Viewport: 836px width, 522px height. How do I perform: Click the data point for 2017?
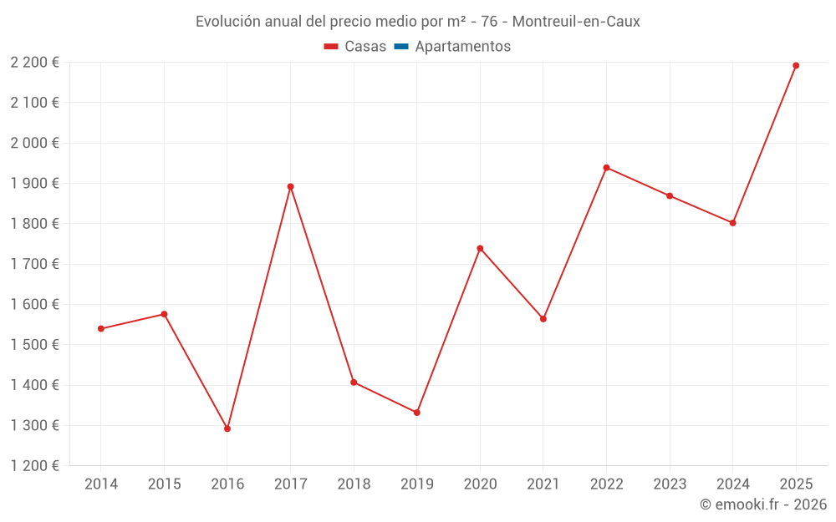(x=290, y=186)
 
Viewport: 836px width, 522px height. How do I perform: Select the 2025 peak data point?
(x=796, y=65)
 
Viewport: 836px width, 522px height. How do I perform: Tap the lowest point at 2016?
(x=227, y=428)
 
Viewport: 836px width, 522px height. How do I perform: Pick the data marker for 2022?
(x=606, y=168)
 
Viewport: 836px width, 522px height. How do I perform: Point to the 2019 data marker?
(x=416, y=413)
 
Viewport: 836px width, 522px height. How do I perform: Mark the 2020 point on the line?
(x=480, y=248)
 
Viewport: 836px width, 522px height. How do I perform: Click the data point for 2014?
(x=101, y=328)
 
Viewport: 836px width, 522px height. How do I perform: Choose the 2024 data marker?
(x=732, y=223)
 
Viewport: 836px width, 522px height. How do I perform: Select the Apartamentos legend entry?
(x=462, y=47)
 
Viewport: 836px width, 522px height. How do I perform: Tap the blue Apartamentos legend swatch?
(x=400, y=47)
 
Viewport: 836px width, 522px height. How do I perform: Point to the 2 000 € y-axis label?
(x=35, y=143)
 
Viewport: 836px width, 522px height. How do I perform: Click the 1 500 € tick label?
(x=35, y=345)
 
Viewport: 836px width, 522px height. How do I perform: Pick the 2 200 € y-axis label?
(x=35, y=63)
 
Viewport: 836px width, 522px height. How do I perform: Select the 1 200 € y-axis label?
(x=35, y=466)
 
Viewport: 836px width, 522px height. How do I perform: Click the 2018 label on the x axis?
(x=354, y=484)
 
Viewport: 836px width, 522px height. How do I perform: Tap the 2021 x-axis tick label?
(x=543, y=484)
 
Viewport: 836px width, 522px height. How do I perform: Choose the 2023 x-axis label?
(x=670, y=484)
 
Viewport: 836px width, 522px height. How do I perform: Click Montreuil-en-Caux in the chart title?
(x=576, y=22)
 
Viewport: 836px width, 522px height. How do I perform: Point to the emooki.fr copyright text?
(x=763, y=504)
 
